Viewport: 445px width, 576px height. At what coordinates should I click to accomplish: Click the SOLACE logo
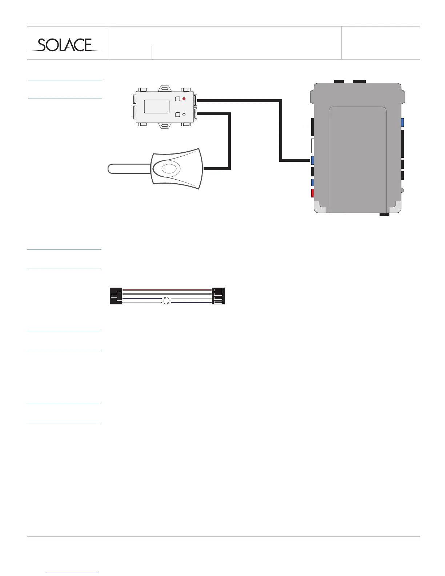[x=65, y=45]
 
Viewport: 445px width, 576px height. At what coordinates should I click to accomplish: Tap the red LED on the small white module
[x=184, y=99]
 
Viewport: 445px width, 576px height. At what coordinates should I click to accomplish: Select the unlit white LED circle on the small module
[x=184, y=115]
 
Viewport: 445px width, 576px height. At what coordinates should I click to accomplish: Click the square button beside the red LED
[x=177, y=99]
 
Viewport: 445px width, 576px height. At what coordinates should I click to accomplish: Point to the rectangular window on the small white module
[x=157, y=107]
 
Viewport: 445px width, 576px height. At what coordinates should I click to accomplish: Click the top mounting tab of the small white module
[x=165, y=88]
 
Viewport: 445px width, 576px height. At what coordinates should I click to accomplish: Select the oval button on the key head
[x=168, y=169]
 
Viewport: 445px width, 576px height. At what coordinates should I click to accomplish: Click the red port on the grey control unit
[x=312, y=193]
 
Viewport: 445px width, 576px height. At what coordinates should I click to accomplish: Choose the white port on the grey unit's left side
[x=312, y=145]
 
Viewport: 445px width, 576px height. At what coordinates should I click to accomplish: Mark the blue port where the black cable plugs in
[x=312, y=160]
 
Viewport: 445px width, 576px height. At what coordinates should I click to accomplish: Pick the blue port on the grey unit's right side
[x=402, y=123]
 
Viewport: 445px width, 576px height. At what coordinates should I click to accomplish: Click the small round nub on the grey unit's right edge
[x=402, y=190]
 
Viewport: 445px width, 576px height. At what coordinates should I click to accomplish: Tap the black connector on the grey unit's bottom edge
[x=384, y=214]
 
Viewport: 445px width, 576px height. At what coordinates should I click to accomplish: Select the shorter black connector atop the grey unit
[x=339, y=81]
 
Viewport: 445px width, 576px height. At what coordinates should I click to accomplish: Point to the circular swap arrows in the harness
[x=166, y=300]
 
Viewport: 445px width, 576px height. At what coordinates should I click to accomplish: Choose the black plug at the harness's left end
[x=116, y=296]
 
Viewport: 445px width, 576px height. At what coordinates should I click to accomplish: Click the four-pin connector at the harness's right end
[x=218, y=296]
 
